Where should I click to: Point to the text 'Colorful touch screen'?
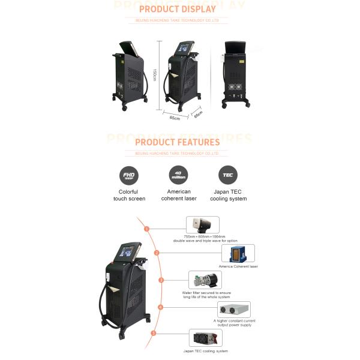(x=129, y=196)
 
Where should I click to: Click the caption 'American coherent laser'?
(x=179, y=196)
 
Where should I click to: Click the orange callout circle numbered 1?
(x=146, y=229)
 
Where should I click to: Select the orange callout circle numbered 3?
(x=161, y=280)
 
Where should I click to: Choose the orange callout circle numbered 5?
(x=154, y=332)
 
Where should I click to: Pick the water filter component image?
(x=204, y=280)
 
